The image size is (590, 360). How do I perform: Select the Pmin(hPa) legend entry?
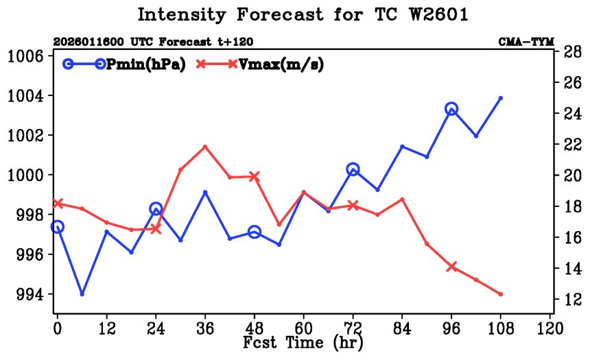point(142,64)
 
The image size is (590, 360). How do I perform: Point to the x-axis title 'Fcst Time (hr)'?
point(303,341)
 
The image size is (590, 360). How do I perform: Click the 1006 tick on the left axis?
point(27,56)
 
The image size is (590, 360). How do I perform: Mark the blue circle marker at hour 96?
point(451,108)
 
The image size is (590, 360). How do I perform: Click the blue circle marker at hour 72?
point(353,169)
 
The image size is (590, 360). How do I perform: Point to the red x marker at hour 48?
point(255,176)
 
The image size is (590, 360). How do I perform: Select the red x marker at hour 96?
point(451,267)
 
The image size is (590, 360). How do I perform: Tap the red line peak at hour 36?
point(205,146)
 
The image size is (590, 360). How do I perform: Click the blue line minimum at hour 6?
point(82,293)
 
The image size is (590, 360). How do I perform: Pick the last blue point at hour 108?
point(501,98)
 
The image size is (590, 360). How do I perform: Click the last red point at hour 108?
point(501,294)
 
